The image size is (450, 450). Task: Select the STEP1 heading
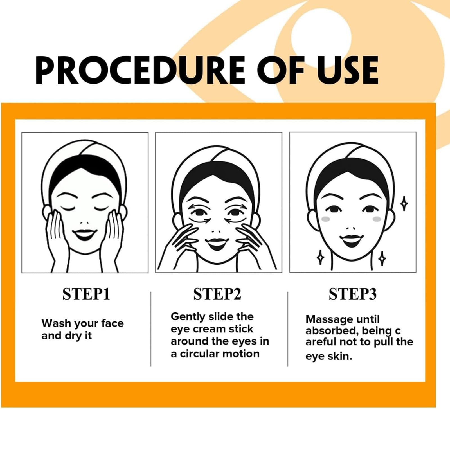pyautogui.click(x=86, y=294)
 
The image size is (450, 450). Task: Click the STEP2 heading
pyautogui.click(x=217, y=294)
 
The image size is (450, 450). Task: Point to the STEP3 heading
pyautogui.click(x=353, y=294)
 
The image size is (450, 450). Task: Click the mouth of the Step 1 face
pyautogui.click(x=85, y=233)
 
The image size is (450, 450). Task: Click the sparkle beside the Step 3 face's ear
pyautogui.click(x=404, y=203)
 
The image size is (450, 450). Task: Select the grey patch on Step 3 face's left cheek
pyautogui.click(x=326, y=219)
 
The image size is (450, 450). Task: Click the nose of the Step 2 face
pyautogui.click(x=217, y=232)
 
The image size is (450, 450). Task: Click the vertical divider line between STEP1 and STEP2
pyautogui.click(x=151, y=329)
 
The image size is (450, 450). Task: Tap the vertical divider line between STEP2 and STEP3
pyautogui.click(x=288, y=329)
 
